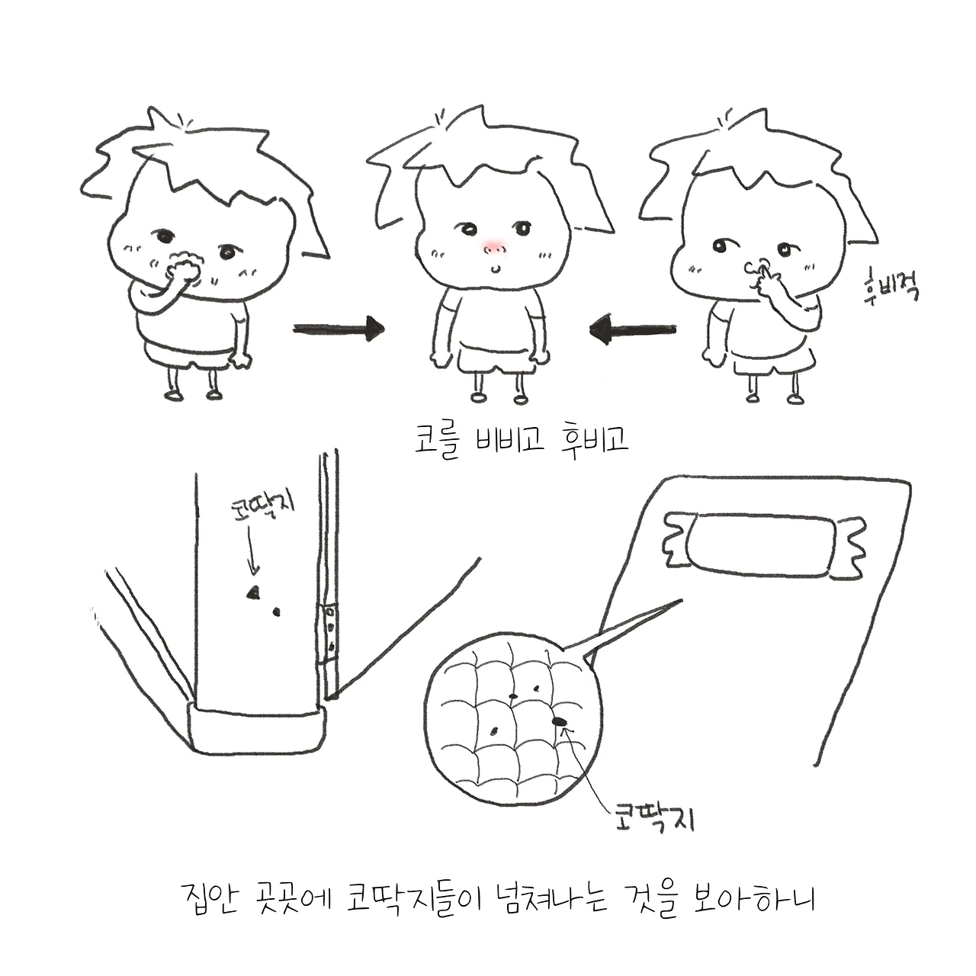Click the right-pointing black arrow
339,329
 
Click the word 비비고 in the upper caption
510,440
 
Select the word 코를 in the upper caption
438,441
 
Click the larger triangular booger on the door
252,592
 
